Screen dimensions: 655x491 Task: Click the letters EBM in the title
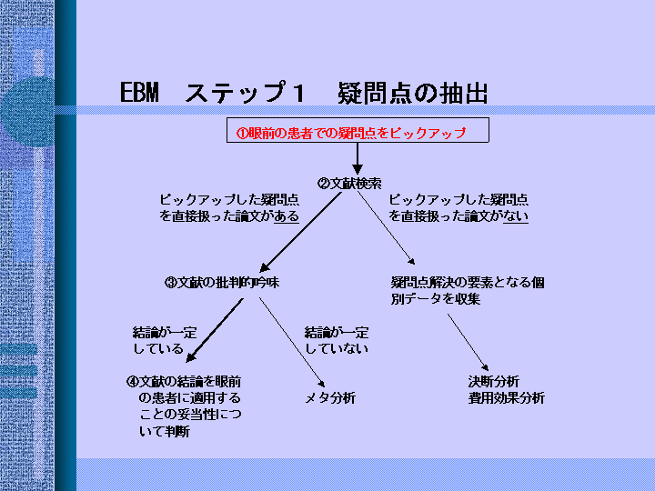(139, 92)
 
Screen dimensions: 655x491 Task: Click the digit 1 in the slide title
(298, 92)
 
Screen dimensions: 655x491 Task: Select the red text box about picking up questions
(358, 130)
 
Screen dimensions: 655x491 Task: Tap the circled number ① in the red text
(242, 134)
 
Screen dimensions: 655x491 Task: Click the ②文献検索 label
(349, 184)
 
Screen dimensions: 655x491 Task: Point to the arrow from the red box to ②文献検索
(358, 158)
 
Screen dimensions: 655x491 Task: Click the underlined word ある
(287, 216)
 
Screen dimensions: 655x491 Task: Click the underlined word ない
(516, 216)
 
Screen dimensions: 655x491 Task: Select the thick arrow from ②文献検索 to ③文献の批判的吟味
(301, 232)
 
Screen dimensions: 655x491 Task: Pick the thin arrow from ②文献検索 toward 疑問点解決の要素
(387, 228)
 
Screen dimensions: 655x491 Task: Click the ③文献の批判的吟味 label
(222, 283)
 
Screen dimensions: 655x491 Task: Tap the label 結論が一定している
(165, 340)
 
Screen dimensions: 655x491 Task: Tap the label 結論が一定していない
(337, 340)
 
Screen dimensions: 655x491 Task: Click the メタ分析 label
(330, 398)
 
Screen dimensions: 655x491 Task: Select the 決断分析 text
(494, 382)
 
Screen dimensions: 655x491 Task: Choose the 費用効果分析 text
(507, 398)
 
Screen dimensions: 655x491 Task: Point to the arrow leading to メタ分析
(292, 343)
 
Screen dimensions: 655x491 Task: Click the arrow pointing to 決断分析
(468, 343)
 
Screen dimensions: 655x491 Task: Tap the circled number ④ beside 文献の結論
(132, 382)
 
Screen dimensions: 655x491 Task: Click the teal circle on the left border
(27, 111)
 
